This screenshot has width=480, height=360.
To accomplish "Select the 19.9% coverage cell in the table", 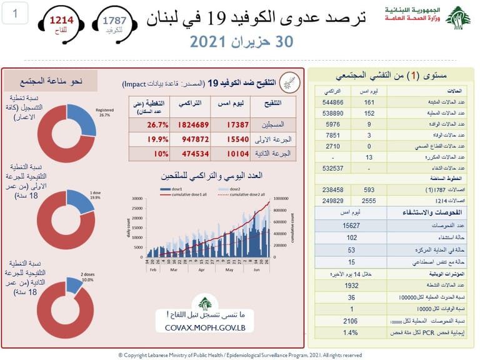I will click(x=146, y=138).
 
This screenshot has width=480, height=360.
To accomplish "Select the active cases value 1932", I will click(x=356, y=285).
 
